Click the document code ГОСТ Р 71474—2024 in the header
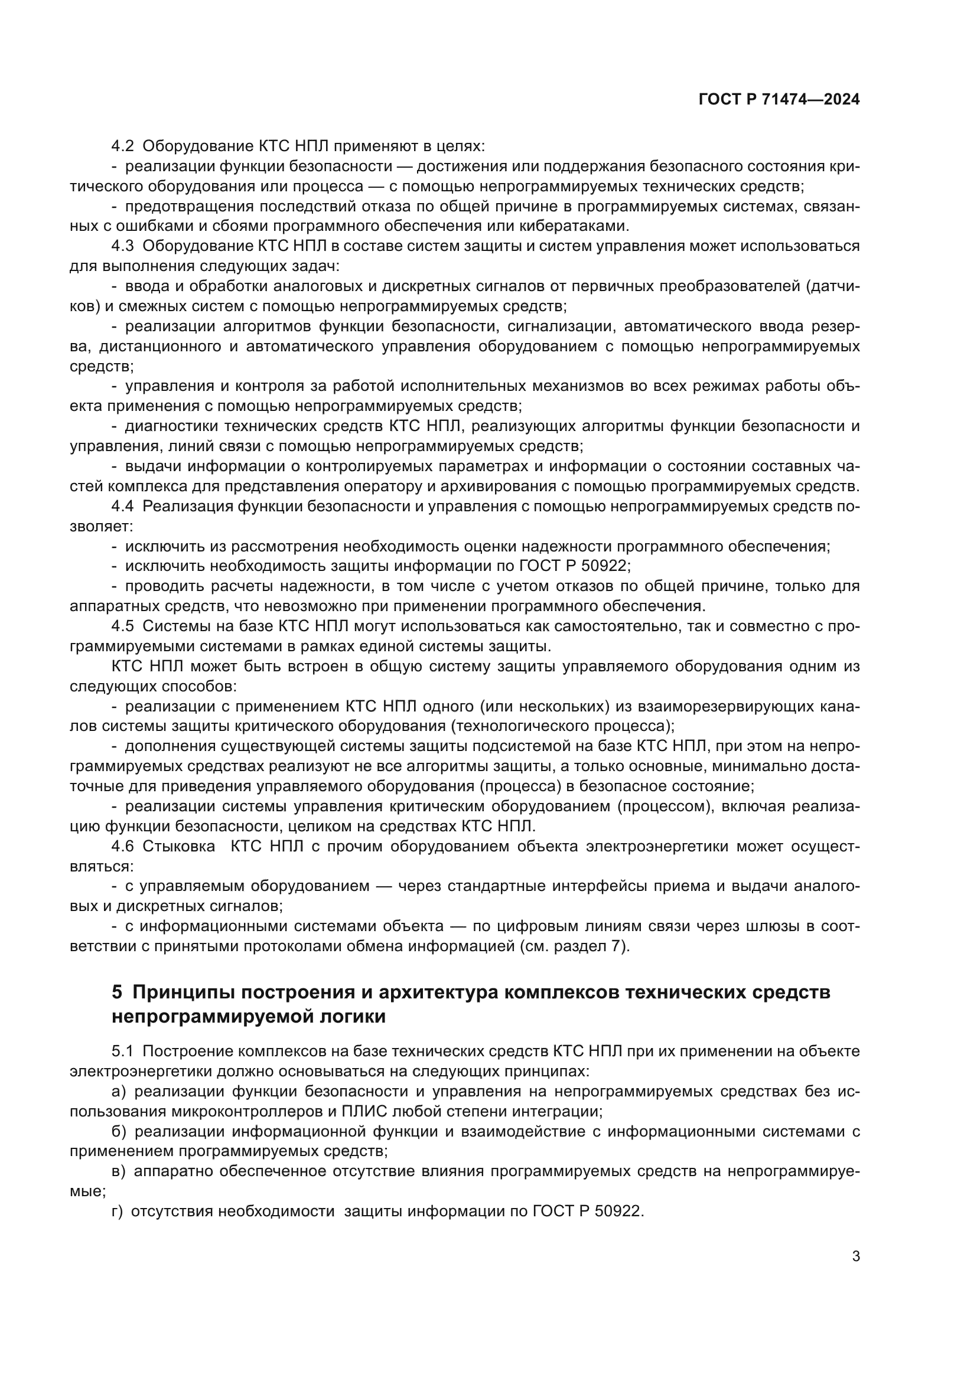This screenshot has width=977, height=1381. click(779, 100)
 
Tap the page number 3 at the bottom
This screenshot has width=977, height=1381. click(855, 1256)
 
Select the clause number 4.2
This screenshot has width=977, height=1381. click(123, 146)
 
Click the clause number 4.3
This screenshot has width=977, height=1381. click(123, 246)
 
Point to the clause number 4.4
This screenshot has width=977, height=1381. click(123, 507)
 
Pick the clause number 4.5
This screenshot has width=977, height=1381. click(123, 626)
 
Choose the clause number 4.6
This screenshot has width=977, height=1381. click(123, 846)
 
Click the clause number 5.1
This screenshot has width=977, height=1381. click(123, 1052)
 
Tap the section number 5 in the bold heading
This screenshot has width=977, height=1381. click(117, 992)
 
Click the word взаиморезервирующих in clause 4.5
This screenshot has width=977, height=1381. click(682, 706)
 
